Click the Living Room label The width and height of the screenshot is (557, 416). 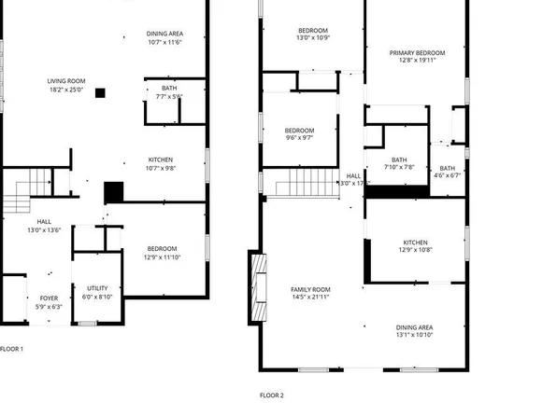pos(66,85)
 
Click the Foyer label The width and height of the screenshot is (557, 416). pos(48,302)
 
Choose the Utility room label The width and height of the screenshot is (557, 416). pos(98,293)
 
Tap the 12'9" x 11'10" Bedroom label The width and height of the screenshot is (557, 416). pos(162,253)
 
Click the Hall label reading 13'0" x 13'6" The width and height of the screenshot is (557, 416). pos(45,226)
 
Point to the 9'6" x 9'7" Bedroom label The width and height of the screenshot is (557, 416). pos(299,133)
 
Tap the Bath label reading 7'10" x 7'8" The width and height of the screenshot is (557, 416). pos(399,163)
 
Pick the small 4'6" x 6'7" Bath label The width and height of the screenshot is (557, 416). pos(448,172)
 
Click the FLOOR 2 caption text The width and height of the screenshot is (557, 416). pos(271,395)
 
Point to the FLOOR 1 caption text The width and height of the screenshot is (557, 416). pos(12,349)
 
